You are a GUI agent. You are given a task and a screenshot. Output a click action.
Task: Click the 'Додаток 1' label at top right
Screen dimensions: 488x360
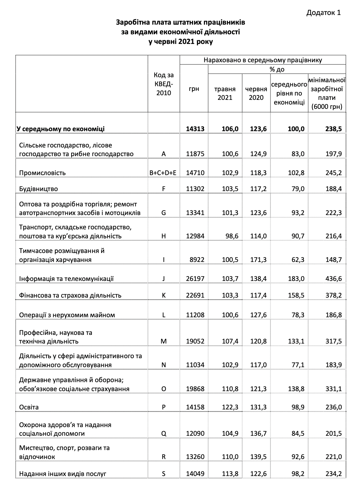pyautogui.click(x=323, y=13)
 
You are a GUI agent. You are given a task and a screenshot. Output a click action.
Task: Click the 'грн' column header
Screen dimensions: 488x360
pyautogui.click(x=194, y=89)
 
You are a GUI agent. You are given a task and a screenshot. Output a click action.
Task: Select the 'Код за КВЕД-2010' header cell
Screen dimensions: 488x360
pyautogui.click(x=163, y=84)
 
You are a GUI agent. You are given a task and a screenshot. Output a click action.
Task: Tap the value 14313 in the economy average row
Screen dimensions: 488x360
pyautogui.click(x=195, y=129)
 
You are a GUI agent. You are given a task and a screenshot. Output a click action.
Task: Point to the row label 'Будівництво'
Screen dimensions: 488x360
pyautogui.click(x=39, y=189)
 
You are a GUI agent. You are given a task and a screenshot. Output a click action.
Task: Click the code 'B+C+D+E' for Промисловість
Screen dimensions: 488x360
pyautogui.click(x=163, y=173)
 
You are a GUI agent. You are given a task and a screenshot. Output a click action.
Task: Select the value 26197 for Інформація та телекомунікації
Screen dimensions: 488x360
pyautogui.click(x=195, y=279)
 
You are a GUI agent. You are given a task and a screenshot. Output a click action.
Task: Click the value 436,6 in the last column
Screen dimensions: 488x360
pyautogui.click(x=333, y=279)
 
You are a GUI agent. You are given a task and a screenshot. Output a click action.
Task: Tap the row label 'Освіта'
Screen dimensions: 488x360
pyautogui.click(x=29, y=407)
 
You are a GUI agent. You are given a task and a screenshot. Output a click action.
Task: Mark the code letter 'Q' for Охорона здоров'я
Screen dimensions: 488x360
pyautogui.click(x=163, y=433)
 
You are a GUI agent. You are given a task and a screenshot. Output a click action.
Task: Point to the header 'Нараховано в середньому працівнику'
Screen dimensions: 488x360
pyautogui.click(x=263, y=60)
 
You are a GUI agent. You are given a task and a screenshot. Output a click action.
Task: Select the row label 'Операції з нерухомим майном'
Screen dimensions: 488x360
pyautogui.click(x=67, y=315)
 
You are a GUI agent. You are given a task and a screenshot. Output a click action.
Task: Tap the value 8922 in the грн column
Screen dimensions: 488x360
pyautogui.click(x=197, y=260)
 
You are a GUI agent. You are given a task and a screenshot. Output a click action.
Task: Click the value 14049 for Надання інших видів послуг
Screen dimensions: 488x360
pyautogui.click(x=195, y=473)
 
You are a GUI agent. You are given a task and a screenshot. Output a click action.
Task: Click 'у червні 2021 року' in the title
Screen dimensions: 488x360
pyautogui.click(x=180, y=42)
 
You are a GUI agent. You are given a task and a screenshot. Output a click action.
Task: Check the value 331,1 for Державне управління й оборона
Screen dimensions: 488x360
pyautogui.click(x=333, y=389)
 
